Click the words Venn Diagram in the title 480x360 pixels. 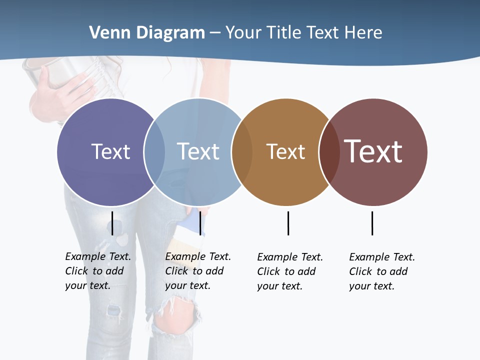(147, 33)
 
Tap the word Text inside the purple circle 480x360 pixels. (110, 151)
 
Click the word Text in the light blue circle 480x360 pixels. (198, 151)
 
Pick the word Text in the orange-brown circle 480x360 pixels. (285, 151)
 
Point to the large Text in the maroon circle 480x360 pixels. (373, 151)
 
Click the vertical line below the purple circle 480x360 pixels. (112, 223)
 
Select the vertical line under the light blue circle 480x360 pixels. (200, 223)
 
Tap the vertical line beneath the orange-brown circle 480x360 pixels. (288, 223)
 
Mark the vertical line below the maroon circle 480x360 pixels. (372, 223)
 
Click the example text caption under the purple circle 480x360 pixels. (98, 271)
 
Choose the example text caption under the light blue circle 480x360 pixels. (198, 271)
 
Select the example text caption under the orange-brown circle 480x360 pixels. (290, 271)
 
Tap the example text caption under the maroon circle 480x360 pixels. (382, 271)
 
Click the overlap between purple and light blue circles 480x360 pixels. (154, 152)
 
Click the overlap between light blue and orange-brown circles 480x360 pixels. (242, 152)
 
